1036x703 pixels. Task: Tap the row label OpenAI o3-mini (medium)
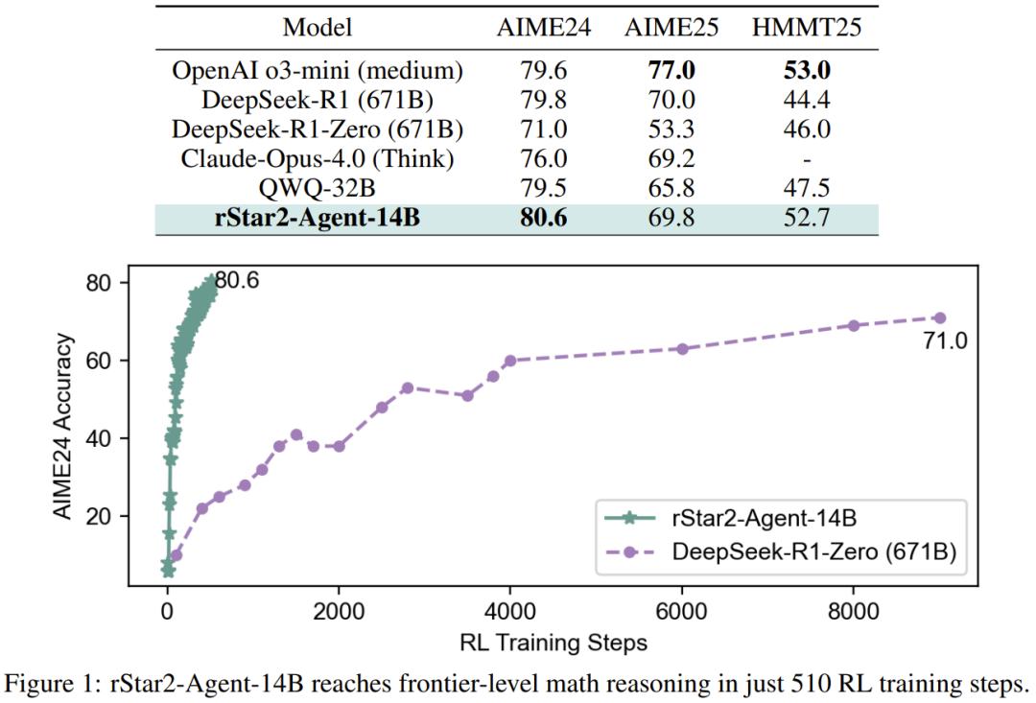pyautogui.click(x=318, y=71)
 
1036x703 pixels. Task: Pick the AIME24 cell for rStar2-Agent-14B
pyautogui.click(x=531, y=218)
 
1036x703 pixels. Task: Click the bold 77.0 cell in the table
pyautogui.click(x=671, y=71)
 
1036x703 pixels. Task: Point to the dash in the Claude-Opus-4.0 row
pyautogui.click(x=807, y=159)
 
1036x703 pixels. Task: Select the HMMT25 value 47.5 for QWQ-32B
pyautogui.click(x=807, y=188)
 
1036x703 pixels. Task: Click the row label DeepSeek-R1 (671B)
pyautogui.click(x=318, y=100)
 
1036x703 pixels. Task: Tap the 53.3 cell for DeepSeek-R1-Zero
pyautogui.click(x=671, y=129)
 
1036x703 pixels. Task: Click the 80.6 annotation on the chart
pyautogui.click(x=236, y=281)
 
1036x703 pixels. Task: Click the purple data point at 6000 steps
pyautogui.click(x=682, y=348)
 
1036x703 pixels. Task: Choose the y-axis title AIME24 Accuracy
pyautogui.click(x=64, y=427)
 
